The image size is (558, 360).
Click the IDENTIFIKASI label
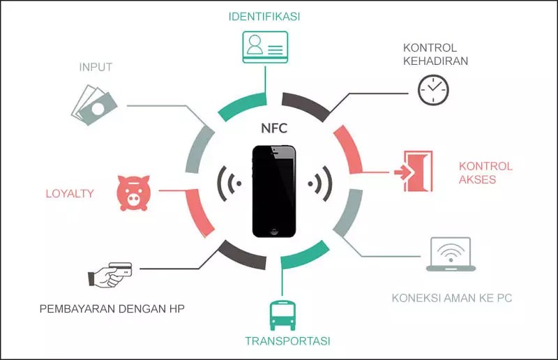264,15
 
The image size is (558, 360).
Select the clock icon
433,90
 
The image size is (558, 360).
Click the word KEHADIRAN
435,61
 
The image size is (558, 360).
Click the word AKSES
478,180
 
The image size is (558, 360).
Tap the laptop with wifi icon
451,255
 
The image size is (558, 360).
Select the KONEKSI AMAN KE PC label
452,299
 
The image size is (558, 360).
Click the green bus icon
282,315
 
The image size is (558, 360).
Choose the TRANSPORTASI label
287,341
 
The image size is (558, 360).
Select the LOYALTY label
70,193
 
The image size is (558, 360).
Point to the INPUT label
96,67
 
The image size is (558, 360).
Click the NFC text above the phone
273,128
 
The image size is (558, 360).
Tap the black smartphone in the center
274,190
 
